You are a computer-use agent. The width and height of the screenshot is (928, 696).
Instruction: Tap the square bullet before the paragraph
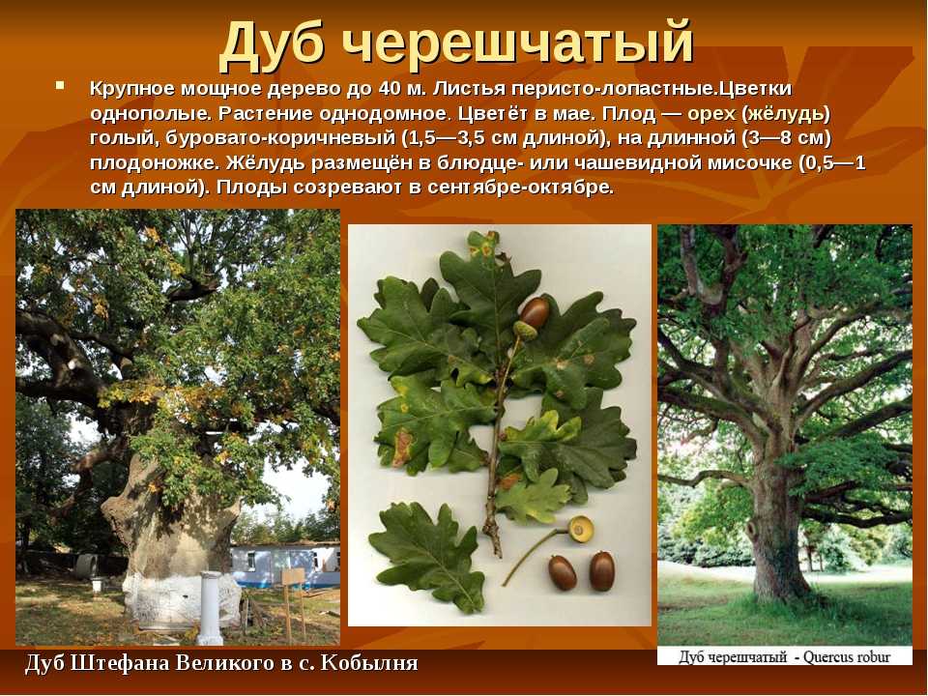[59, 86]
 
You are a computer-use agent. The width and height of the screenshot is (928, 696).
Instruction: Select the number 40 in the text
[390, 89]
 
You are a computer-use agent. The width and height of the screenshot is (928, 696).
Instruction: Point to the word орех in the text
[712, 114]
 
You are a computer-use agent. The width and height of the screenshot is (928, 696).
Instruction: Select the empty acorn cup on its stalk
[580, 529]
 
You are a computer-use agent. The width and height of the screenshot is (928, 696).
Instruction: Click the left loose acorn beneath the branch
[562, 572]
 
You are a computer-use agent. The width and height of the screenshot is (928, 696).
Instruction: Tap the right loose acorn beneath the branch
[601, 570]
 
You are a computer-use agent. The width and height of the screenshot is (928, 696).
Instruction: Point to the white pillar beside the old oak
[210, 608]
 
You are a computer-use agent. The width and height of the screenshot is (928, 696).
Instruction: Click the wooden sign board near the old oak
[294, 578]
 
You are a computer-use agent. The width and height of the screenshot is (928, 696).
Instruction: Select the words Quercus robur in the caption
[847, 657]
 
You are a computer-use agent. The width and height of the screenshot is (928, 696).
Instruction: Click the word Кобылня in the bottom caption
[368, 663]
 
